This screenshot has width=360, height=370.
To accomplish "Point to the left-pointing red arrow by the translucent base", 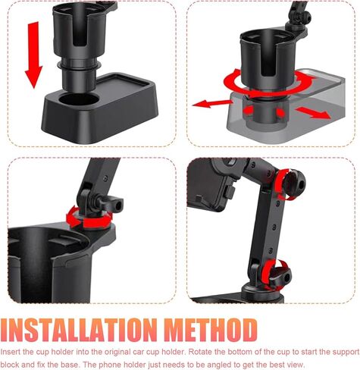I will tap(208, 102).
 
